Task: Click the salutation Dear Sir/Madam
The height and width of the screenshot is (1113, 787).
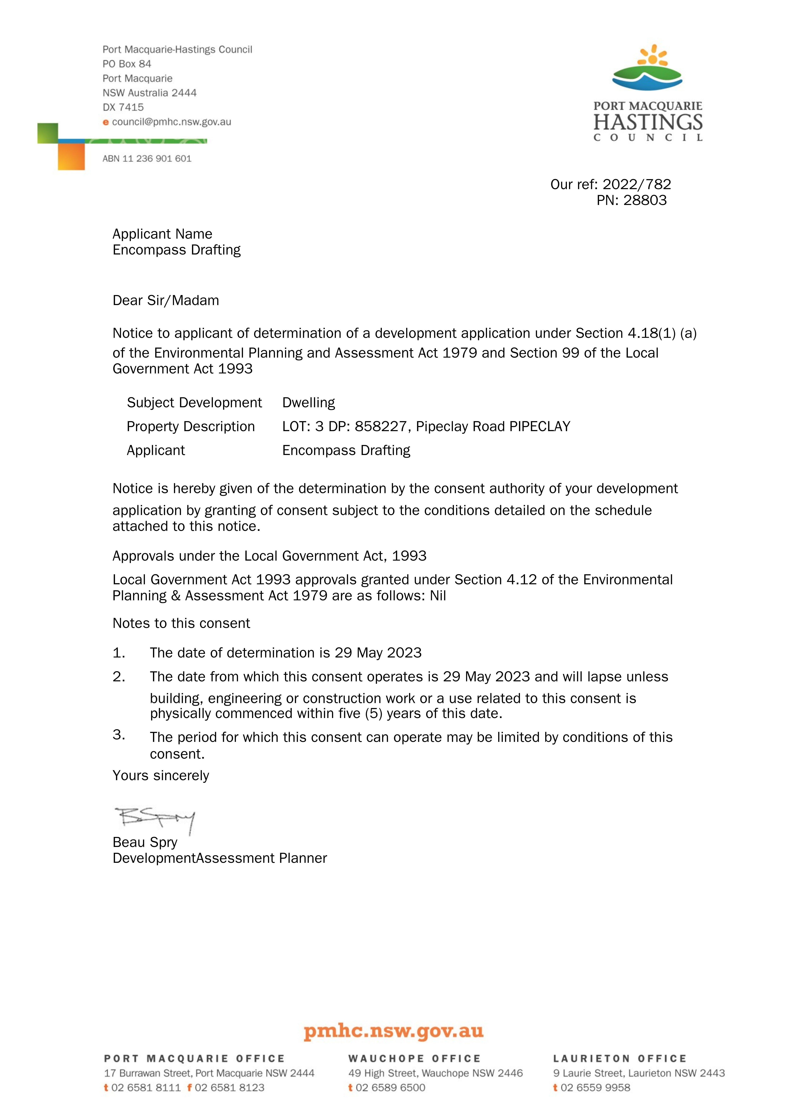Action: tap(165, 301)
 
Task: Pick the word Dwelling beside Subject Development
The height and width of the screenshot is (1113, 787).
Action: tap(308, 403)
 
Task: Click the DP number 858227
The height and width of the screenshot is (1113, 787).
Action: tap(380, 427)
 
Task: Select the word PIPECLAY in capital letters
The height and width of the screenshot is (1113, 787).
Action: tap(540, 427)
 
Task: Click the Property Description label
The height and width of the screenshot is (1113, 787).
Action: tap(191, 427)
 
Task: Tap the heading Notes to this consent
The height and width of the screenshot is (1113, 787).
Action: tap(181, 623)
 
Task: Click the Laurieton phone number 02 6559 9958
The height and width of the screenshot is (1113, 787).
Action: tap(595, 1088)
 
